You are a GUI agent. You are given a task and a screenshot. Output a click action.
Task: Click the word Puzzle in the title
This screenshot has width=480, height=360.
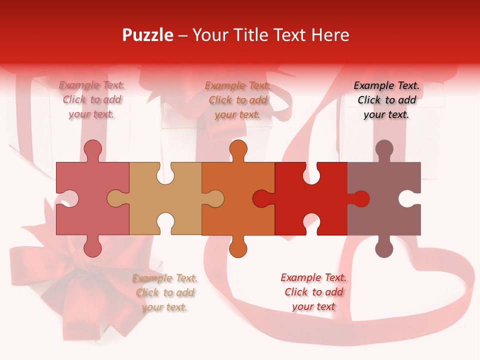click(x=147, y=35)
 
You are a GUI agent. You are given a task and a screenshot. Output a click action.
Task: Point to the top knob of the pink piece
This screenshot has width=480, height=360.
click(x=93, y=148)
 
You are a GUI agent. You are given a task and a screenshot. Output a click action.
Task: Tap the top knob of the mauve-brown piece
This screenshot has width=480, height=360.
click(x=384, y=148)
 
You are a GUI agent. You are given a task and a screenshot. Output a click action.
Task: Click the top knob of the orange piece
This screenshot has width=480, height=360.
click(x=238, y=148)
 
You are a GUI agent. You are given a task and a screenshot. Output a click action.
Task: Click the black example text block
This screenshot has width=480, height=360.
click(x=386, y=100)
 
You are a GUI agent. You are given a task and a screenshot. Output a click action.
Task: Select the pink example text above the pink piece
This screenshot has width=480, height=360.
click(x=92, y=100)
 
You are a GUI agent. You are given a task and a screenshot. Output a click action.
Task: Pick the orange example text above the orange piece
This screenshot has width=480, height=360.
click(x=238, y=100)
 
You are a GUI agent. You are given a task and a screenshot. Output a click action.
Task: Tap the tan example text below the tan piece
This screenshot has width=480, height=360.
click(x=165, y=292)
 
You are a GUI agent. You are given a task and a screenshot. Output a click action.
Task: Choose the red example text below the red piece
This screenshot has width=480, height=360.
click(x=313, y=292)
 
